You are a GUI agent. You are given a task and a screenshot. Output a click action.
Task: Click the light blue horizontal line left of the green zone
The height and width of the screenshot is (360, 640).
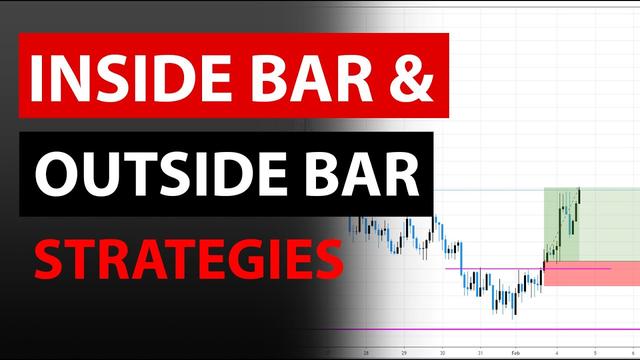pyautogui.click(x=490, y=189)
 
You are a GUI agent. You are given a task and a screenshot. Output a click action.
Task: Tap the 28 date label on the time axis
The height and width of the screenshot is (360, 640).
pyautogui.click(x=367, y=353)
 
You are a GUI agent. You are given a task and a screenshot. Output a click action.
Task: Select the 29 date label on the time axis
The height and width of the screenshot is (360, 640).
pyautogui.click(x=403, y=353)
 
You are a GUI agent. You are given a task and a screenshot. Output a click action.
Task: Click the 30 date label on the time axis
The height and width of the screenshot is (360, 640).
pyautogui.click(x=441, y=353)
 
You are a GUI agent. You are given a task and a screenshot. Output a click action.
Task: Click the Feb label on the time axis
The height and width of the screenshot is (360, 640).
pyautogui.click(x=514, y=353)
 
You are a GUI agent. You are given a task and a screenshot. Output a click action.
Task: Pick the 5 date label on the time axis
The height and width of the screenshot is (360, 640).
pyautogui.click(x=595, y=353)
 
